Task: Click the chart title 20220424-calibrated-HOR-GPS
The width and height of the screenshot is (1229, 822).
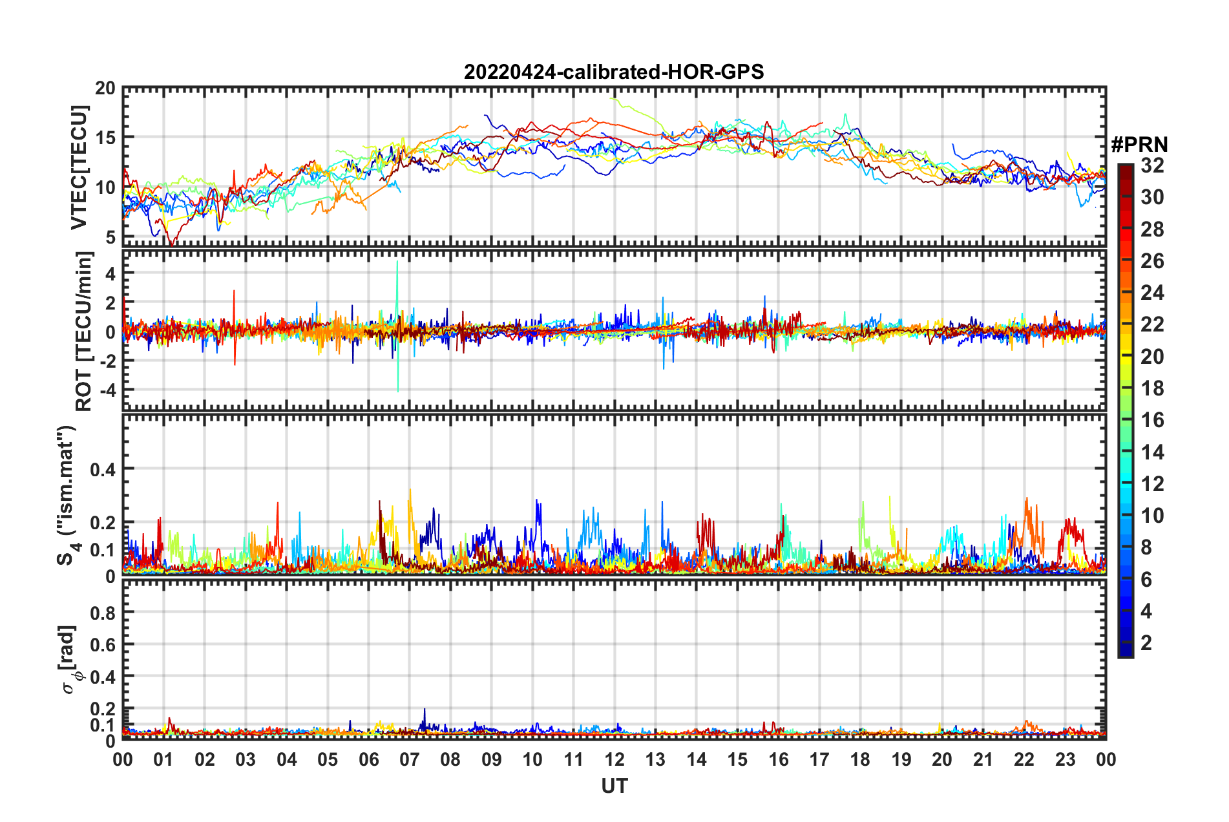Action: (x=614, y=72)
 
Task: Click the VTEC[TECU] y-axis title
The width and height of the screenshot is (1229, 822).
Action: (x=79, y=167)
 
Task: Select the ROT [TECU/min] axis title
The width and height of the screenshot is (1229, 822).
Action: (x=84, y=332)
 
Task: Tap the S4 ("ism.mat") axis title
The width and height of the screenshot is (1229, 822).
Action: (x=67, y=495)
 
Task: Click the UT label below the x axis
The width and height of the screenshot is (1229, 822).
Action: (x=614, y=786)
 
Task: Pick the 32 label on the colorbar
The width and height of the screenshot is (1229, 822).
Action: (x=1152, y=165)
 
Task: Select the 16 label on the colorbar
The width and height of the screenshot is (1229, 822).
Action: (x=1152, y=420)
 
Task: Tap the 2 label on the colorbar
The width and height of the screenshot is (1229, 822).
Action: (x=1147, y=642)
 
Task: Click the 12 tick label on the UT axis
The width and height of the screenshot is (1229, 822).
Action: (x=614, y=759)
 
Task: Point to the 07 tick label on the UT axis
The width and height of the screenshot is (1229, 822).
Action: (x=410, y=759)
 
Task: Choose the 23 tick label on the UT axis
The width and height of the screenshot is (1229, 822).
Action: (x=1065, y=759)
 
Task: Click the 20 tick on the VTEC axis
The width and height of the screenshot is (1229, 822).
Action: (x=105, y=89)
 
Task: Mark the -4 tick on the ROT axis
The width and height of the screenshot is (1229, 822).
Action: (x=105, y=390)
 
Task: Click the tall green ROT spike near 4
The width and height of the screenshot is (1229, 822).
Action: (x=397, y=265)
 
